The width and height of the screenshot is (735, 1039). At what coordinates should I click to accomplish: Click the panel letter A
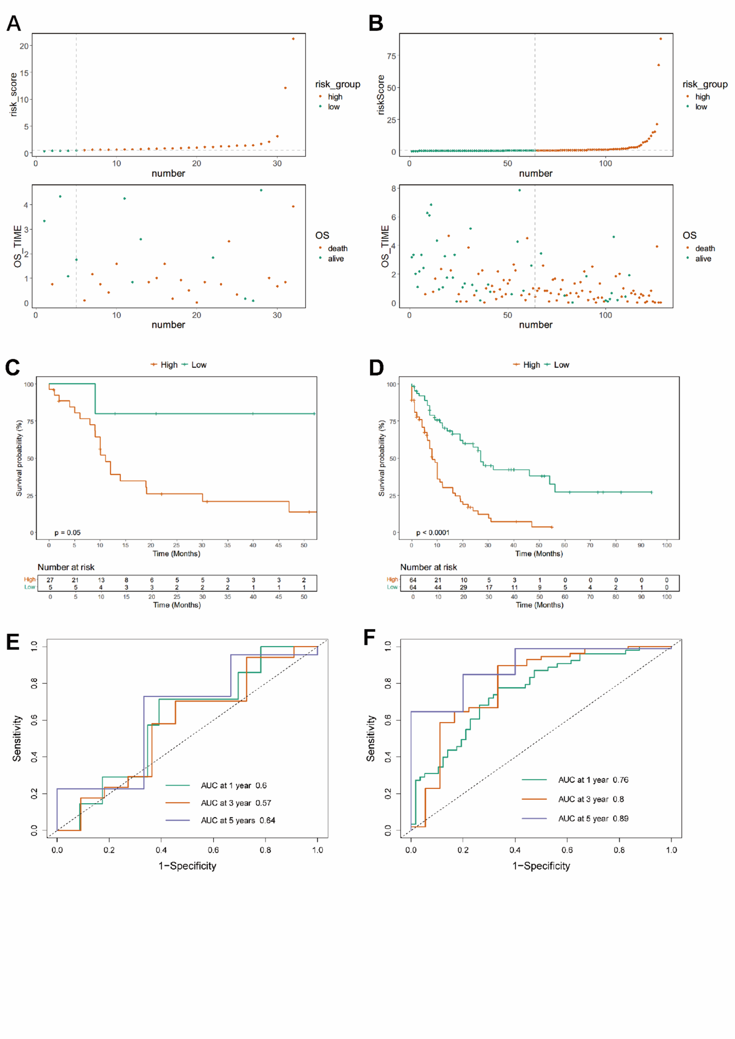(x=14, y=23)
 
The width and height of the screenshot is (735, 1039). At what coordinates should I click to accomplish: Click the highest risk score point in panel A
(x=293, y=39)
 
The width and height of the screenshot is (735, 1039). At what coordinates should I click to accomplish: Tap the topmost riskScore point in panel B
(x=660, y=39)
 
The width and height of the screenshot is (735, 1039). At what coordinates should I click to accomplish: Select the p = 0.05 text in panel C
(x=67, y=533)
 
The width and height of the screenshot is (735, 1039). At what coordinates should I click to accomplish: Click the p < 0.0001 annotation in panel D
(x=433, y=533)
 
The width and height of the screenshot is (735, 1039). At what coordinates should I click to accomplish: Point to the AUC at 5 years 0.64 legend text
(x=238, y=820)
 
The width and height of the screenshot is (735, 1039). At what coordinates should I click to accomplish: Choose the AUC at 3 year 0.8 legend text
(x=591, y=799)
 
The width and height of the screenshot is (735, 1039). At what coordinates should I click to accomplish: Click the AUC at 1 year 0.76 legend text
(x=593, y=780)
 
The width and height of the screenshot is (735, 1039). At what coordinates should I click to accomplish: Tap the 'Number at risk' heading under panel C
(x=66, y=567)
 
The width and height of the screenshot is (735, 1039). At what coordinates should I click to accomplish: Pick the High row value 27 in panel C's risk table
(x=50, y=580)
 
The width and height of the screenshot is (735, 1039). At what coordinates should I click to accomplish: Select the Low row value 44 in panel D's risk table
(x=438, y=587)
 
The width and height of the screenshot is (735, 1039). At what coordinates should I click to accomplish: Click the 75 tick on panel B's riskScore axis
(x=391, y=56)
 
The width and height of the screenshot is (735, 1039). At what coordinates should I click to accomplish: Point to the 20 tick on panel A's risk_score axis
(x=24, y=46)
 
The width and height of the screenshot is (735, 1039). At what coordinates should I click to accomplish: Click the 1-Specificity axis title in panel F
(x=541, y=866)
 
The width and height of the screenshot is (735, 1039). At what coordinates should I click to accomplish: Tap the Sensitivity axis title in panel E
(x=17, y=739)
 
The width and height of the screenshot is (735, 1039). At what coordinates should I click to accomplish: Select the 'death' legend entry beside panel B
(x=705, y=249)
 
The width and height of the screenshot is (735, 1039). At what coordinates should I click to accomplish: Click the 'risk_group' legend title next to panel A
(x=338, y=84)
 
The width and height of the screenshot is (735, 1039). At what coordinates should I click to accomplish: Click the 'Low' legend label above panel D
(x=561, y=365)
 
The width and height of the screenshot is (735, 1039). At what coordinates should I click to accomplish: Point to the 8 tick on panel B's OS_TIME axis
(x=393, y=188)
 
